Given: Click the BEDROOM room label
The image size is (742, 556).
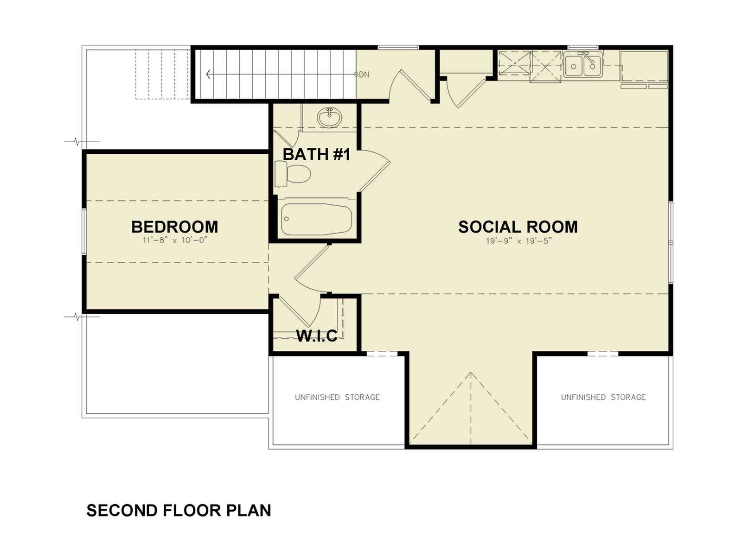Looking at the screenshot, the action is pos(174,227).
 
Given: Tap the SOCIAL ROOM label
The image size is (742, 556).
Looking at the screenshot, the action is pos(518,227).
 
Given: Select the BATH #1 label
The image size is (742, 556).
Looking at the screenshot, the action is pos(316,154).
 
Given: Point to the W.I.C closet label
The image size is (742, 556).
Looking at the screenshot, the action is pos(317,335).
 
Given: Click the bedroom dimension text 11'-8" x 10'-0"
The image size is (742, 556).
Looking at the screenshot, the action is pos(174,240).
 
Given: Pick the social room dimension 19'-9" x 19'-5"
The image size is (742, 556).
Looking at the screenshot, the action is pos(518,241).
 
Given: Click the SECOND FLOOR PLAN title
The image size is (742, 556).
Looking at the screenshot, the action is pos(179,510).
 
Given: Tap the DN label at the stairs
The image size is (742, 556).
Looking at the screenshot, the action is pos(364,74).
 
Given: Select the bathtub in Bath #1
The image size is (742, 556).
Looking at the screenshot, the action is pos(316,219).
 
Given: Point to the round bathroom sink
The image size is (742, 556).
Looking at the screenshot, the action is pos(330,118).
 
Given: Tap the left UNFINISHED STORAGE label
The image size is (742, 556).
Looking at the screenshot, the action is pos(337,398).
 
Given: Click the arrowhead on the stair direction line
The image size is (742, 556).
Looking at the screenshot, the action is pos(208,74).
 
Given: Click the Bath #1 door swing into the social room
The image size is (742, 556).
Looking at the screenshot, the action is pos(375,171).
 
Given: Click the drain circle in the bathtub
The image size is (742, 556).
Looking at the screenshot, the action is pos(287,219).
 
